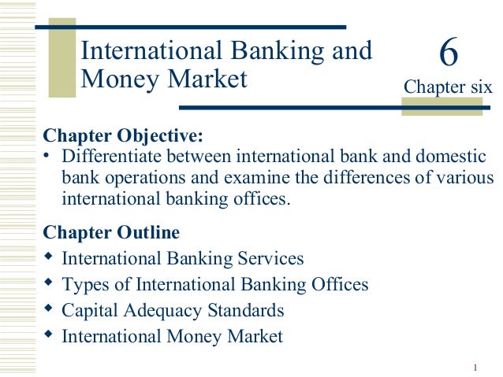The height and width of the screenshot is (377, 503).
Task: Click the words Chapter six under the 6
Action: (x=448, y=86)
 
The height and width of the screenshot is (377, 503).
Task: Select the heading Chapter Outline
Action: (x=111, y=233)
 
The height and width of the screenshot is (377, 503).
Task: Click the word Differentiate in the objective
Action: (x=109, y=156)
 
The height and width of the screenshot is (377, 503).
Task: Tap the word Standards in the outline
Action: (x=245, y=310)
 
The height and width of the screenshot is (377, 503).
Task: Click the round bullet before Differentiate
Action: (x=47, y=154)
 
